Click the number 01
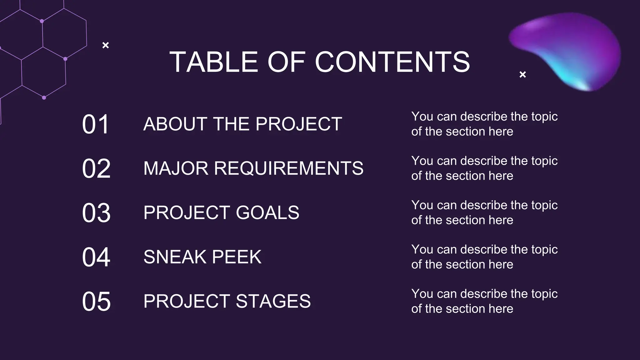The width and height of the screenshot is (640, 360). [x=96, y=124]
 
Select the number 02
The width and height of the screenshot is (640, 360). [x=96, y=169]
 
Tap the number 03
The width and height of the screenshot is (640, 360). [x=96, y=213]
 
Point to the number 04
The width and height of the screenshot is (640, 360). [x=96, y=257]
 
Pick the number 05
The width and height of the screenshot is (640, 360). [x=96, y=302]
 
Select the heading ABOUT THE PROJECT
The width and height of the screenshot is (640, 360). [x=242, y=124]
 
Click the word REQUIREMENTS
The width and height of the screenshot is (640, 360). [x=289, y=168]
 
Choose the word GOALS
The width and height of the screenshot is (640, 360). [x=267, y=213]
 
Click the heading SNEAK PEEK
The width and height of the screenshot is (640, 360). [x=202, y=257]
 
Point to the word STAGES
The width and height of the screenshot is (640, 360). [x=273, y=301]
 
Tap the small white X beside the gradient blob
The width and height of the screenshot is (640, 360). [x=522, y=74]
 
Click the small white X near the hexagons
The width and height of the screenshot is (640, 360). [x=106, y=45]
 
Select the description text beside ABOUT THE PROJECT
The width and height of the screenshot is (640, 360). [x=484, y=124]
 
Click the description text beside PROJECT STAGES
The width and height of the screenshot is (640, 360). [x=484, y=301]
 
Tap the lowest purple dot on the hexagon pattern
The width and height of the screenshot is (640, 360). [x=44, y=97]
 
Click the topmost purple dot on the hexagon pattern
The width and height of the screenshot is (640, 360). [x=42, y=21]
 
